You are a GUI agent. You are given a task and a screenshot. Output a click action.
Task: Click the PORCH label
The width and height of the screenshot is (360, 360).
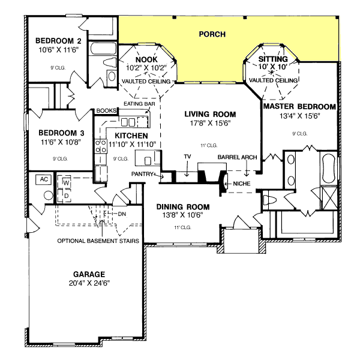212,34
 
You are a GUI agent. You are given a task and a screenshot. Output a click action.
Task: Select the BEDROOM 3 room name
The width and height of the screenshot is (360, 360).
58,133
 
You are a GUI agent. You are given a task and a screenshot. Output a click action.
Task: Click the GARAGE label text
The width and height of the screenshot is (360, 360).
86,272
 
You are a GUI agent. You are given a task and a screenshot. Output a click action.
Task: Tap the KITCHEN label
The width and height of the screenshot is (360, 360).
127,136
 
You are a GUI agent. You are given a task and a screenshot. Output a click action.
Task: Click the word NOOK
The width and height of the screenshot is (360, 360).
146,59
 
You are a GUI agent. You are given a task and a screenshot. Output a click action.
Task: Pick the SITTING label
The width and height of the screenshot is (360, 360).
274,59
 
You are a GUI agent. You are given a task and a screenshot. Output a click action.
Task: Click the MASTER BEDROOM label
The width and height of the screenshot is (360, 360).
299,106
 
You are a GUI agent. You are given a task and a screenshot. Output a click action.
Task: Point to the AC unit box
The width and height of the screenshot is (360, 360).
43,179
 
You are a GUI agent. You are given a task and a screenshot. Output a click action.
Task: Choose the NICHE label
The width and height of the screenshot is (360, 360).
242,183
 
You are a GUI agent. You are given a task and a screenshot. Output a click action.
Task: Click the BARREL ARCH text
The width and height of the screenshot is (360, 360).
238,157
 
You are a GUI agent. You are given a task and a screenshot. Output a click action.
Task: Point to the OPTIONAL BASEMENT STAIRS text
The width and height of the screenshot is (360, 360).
98,241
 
